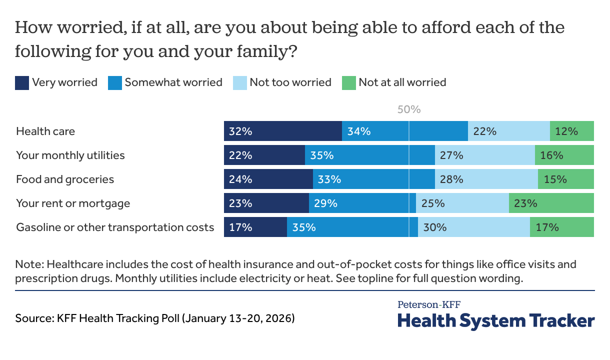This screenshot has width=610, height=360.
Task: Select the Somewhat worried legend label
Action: [173, 82]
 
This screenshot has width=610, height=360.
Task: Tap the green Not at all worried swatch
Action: [348, 82]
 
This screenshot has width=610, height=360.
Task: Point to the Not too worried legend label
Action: [290, 82]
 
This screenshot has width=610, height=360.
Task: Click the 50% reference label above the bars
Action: [409, 109]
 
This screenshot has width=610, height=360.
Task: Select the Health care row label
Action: [45, 131]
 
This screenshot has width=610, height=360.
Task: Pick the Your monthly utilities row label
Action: [70, 155]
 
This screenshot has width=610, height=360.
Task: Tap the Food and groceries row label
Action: [65, 179]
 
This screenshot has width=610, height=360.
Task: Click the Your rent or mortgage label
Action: [73, 203]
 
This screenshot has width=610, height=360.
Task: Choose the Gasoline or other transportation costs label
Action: [115, 227]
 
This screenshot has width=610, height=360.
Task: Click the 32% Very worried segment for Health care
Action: [283, 131]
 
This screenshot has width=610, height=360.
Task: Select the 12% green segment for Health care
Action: [572, 131]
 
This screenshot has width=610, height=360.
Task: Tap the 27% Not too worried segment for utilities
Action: [484, 155]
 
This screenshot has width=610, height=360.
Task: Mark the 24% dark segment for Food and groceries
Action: [268, 179]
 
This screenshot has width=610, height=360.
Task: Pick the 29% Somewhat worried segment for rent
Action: [362, 203]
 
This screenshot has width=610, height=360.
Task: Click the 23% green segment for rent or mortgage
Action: [551, 203]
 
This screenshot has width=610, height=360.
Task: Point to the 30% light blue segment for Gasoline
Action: [474, 227]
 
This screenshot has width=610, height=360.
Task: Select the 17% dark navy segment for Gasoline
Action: [255, 227]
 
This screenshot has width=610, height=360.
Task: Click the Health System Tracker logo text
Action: [496, 320]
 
